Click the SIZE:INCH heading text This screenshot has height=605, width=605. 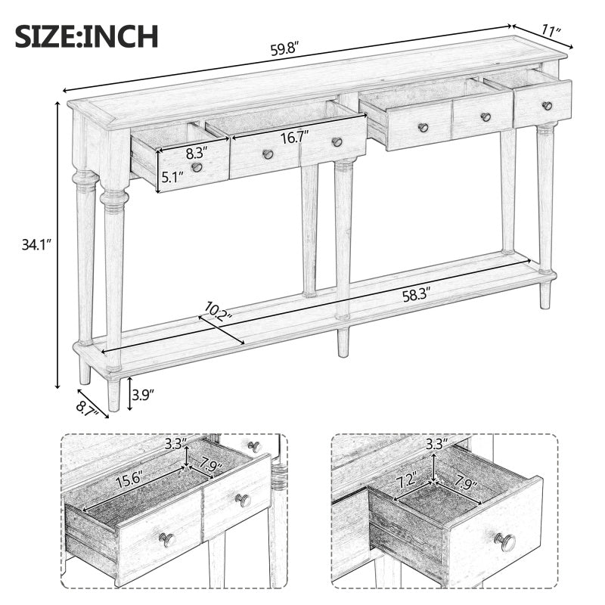coord(86,36)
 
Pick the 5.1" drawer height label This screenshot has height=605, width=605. coord(170,179)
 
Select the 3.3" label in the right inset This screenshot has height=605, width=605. coord(436,443)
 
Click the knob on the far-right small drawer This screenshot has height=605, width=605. coord(547,106)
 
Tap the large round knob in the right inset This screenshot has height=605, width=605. coord(505,541)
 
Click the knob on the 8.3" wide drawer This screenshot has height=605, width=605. coord(197,167)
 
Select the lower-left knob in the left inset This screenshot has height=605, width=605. coord(166,539)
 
